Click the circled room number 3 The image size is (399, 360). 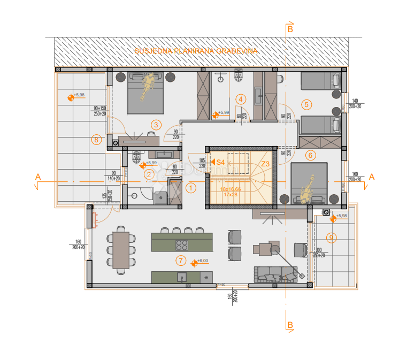click(156, 125)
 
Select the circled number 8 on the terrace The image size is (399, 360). click(96, 140)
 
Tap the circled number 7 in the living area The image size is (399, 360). click(181, 261)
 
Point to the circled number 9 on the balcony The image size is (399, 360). click(332, 238)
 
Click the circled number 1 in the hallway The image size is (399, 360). click(191, 188)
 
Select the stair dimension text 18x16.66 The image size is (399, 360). click(231, 189)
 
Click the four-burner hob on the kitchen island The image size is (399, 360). click(182, 245)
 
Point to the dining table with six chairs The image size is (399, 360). click(120, 249)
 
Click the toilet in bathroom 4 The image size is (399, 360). click(239, 78)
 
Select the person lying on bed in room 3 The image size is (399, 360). click(147, 86)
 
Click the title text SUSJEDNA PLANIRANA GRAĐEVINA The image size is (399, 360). click(196, 51)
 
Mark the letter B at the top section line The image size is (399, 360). click(290, 29)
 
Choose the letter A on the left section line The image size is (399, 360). click(37, 176)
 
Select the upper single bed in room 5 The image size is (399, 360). click(320, 81)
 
